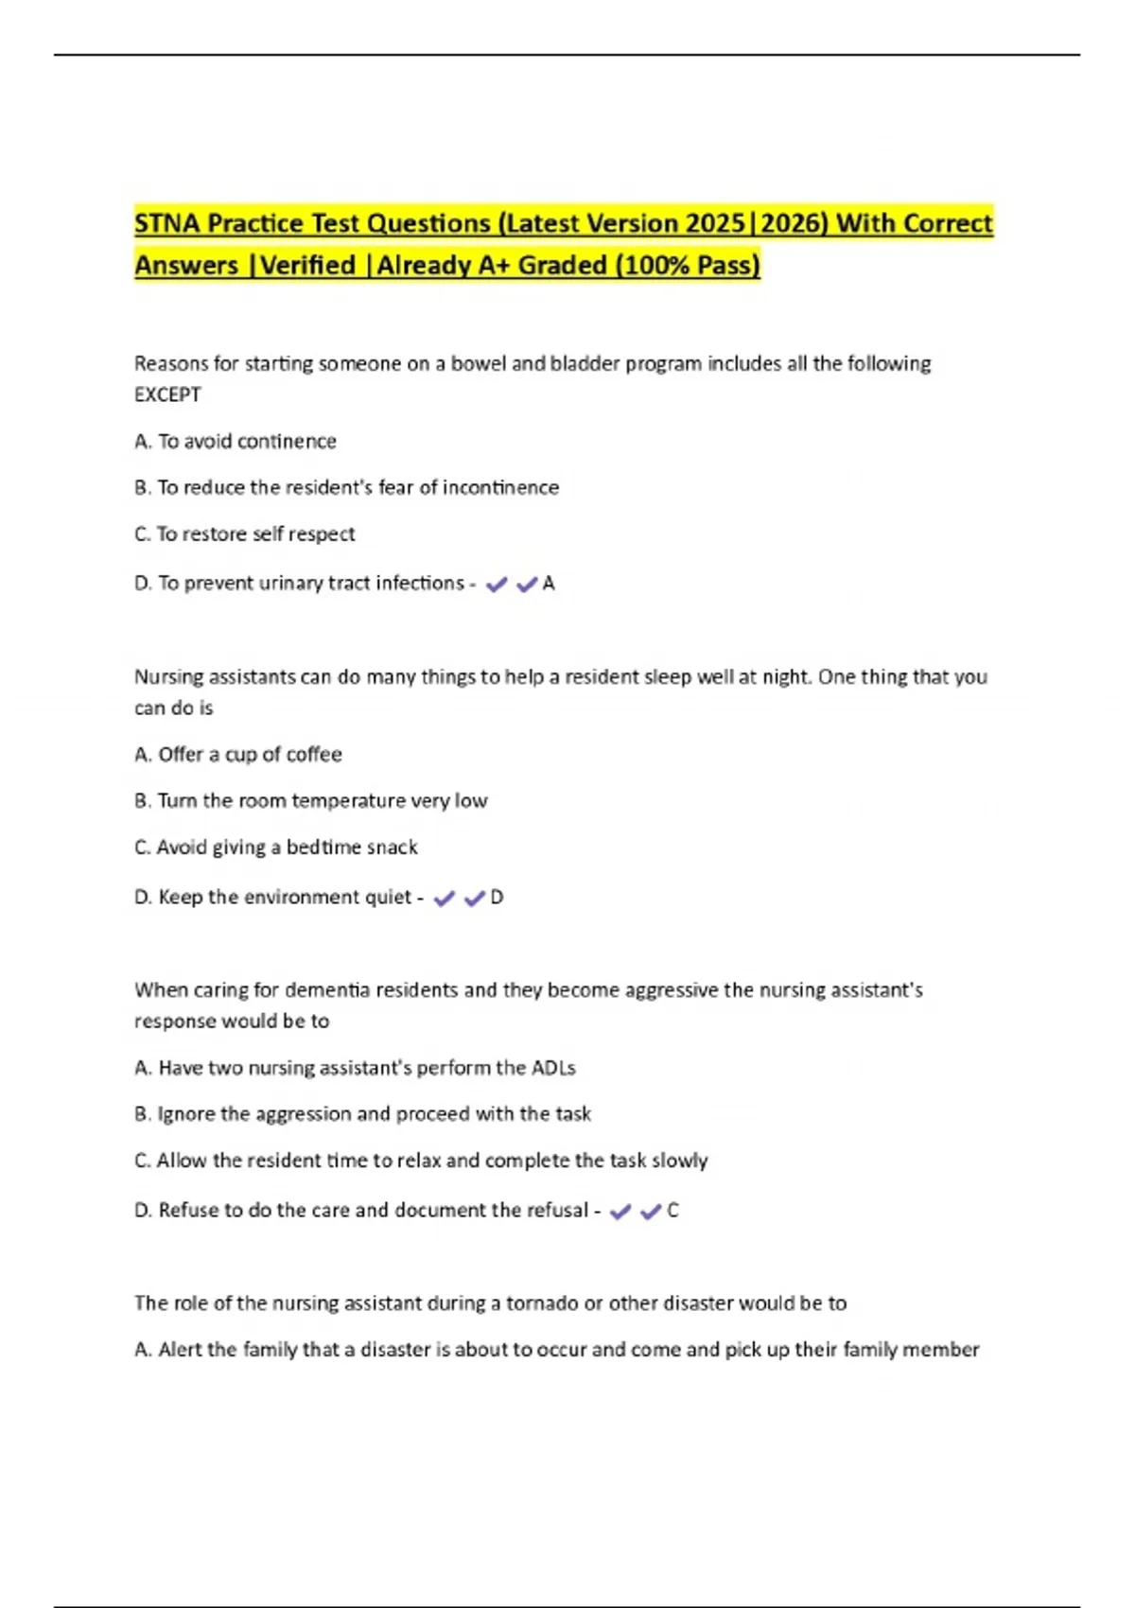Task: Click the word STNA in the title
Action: pos(167,224)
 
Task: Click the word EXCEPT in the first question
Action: pos(167,395)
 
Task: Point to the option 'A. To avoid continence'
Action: pos(236,442)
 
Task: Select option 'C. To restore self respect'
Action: pos(244,534)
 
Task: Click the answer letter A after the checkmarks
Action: pos(549,585)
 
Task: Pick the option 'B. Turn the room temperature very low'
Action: pos(310,801)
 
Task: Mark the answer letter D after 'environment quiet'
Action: pos(497,898)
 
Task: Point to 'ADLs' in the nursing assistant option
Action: pos(554,1068)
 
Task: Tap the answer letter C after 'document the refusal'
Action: pos(672,1211)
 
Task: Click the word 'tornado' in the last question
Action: pos(542,1303)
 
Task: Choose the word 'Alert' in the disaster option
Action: pos(180,1350)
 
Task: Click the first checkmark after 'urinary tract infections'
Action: pos(496,586)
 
